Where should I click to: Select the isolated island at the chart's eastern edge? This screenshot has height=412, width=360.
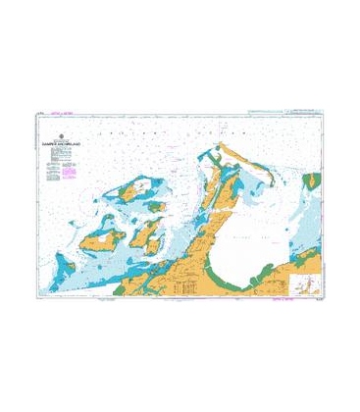point(314,180)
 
